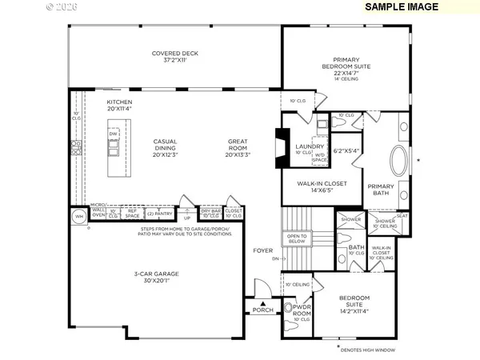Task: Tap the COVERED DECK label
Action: pyautogui.click(x=174, y=58)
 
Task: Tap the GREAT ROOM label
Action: pyautogui.click(x=238, y=146)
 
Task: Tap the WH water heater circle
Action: pyautogui.click(x=79, y=216)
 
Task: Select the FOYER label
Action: pyautogui.click(x=263, y=250)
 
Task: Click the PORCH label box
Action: pyautogui.click(x=262, y=310)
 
